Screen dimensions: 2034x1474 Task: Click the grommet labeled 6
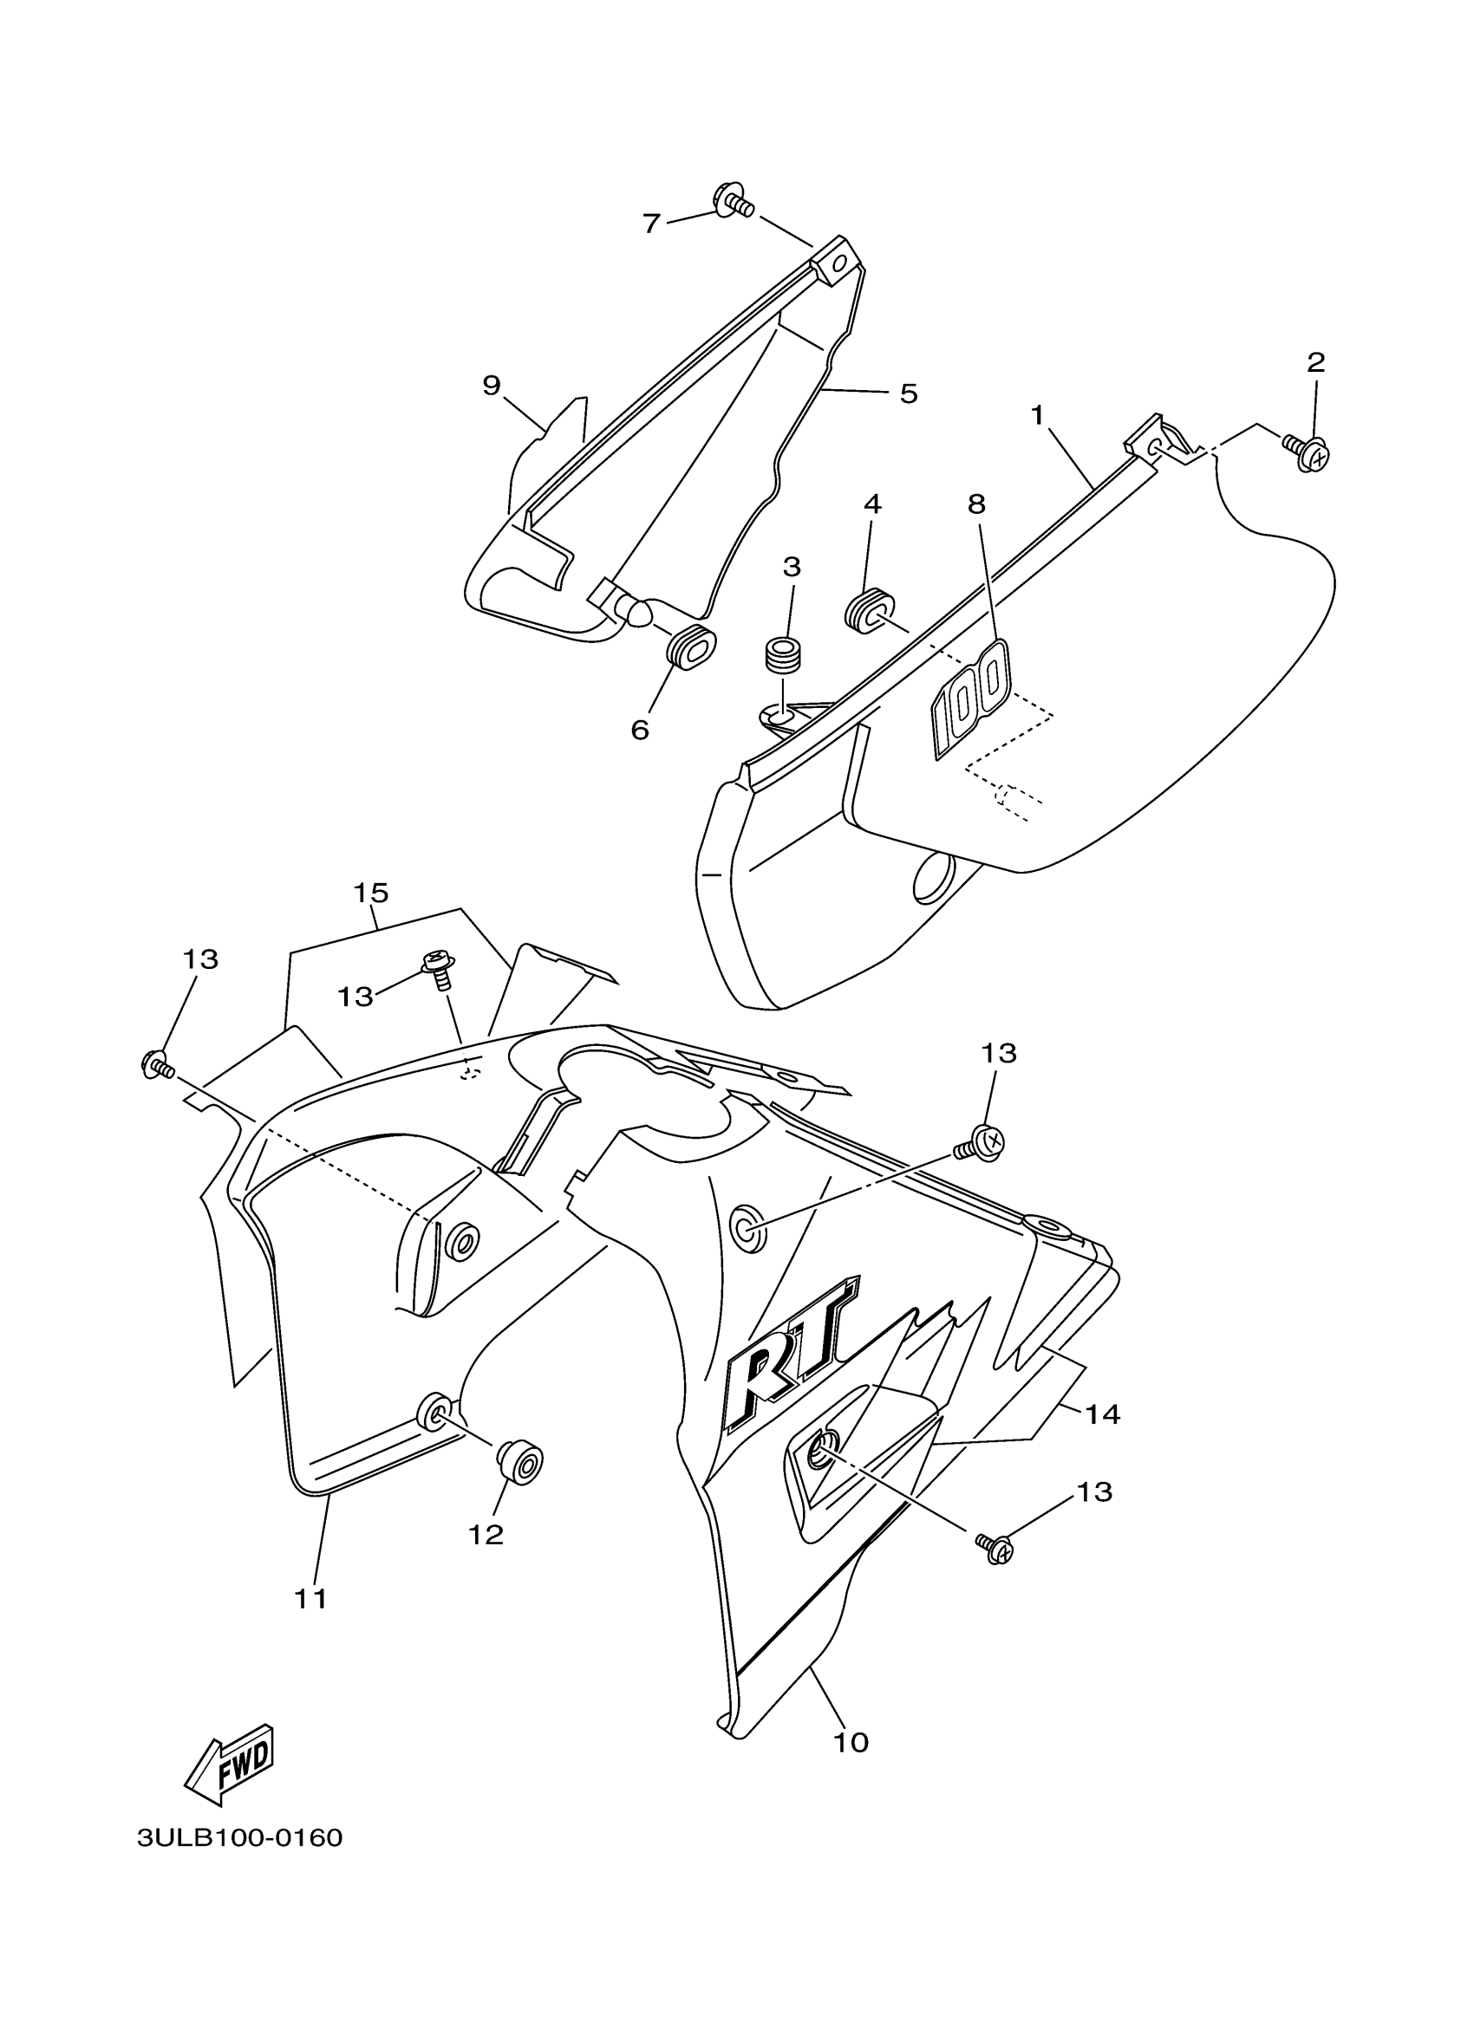pos(693,647)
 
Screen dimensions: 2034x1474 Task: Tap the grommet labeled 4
pos(865,612)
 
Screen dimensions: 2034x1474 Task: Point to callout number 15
pos(370,893)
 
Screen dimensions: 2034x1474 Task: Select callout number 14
pos(1103,1414)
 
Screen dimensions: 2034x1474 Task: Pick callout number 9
pos(491,386)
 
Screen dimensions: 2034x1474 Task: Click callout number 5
pos(909,393)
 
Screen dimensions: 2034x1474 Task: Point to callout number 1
pos(1037,415)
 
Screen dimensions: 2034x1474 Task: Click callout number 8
pos(977,504)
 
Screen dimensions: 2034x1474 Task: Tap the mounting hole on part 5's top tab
pos(841,263)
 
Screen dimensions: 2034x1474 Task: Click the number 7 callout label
pos(651,224)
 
